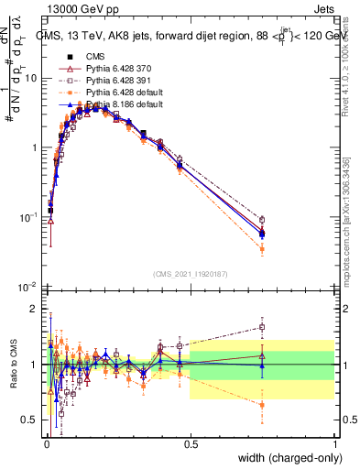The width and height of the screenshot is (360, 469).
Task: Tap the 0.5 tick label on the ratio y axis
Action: (29, 420)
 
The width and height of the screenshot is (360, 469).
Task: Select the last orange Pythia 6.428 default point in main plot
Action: (262, 249)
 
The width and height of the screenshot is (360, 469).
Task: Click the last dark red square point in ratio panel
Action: (262, 327)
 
